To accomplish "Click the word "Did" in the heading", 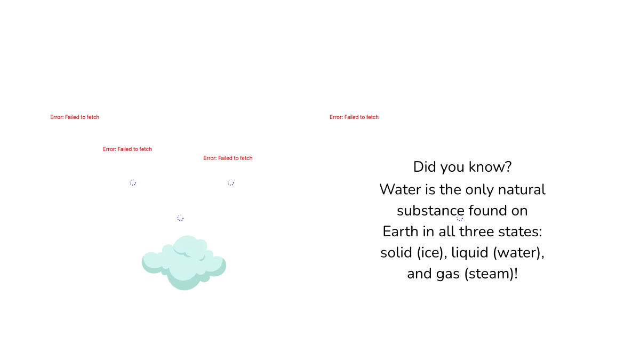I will click(425, 167).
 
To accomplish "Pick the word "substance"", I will click(430, 211).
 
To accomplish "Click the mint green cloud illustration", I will click(184, 262).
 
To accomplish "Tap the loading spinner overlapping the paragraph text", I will click(460, 218).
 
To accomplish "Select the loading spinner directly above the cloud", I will click(180, 218).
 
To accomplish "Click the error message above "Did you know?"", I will click(354, 117).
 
